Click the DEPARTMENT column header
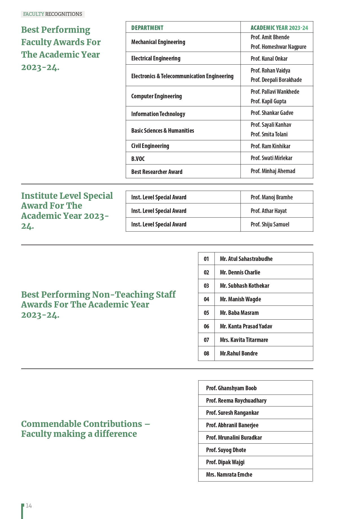point(147,28)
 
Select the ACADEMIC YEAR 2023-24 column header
point(279,28)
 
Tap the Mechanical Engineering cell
point(158,42)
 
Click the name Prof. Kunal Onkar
point(269,59)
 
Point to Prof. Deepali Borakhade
point(276,80)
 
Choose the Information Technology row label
point(158,114)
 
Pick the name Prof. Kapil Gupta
point(268,101)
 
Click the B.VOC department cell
point(138,159)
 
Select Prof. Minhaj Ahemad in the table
point(273,171)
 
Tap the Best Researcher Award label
point(157,172)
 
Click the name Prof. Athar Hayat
point(269,211)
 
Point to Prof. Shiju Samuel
point(270,224)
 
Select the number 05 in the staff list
point(206,313)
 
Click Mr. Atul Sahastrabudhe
point(246,259)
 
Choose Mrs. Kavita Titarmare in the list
point(244,340)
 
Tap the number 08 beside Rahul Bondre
point(206,354)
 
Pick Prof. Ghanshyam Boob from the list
point(231,388)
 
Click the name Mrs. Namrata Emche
point(229,475)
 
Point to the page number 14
point(29,506)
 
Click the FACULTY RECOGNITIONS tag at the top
point(53,14)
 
